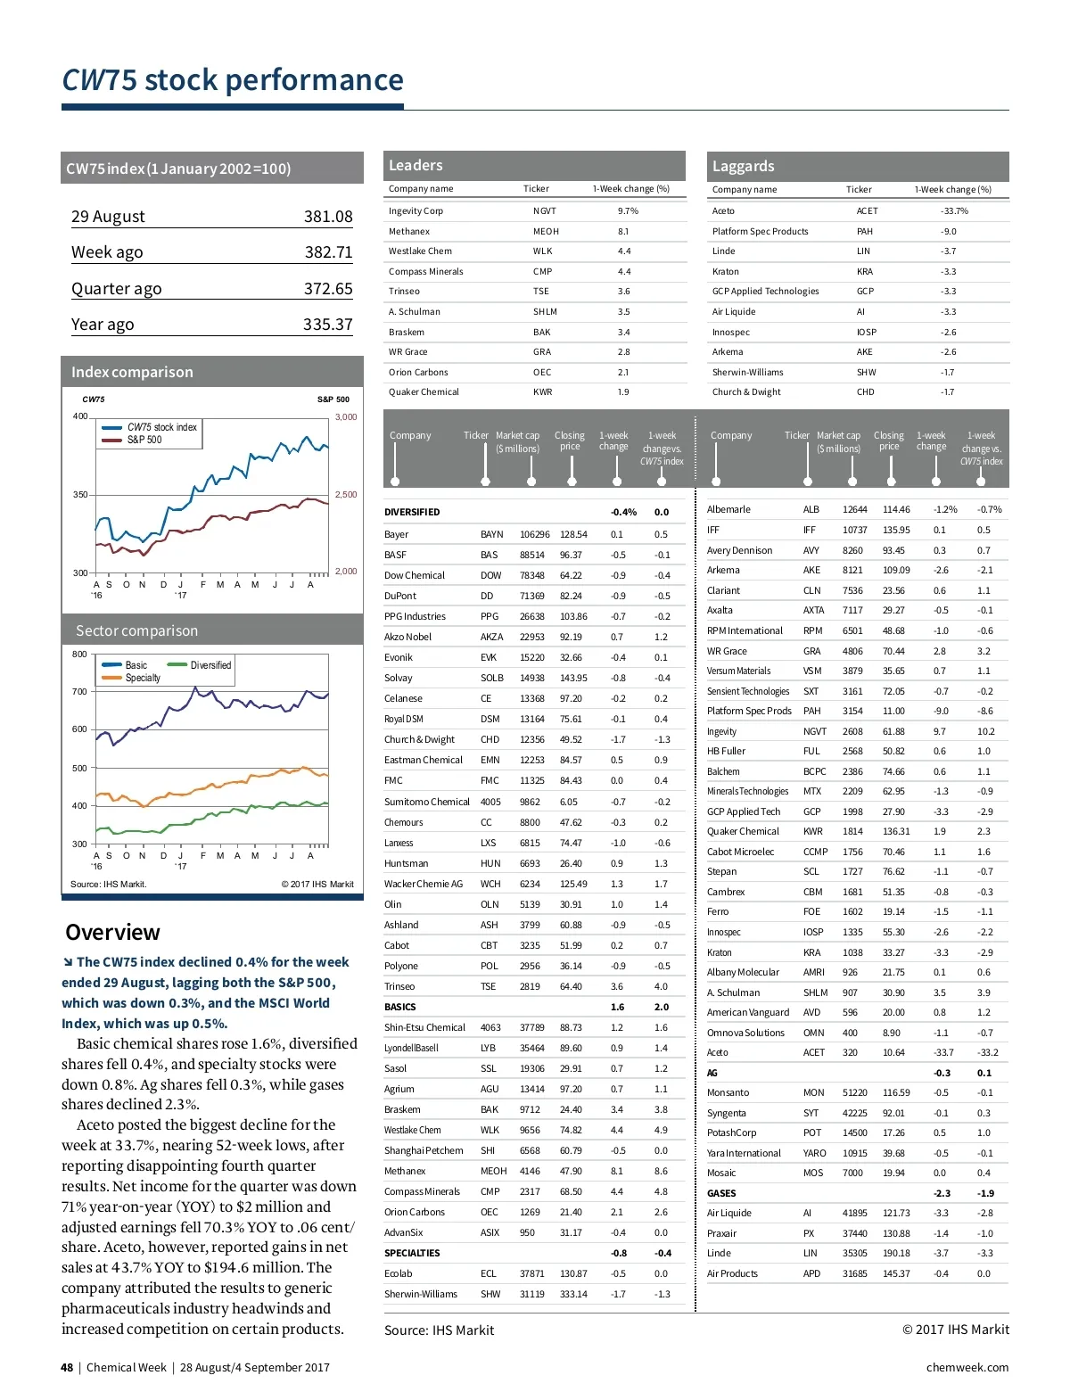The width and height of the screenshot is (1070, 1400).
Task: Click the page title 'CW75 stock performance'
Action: (232, 80)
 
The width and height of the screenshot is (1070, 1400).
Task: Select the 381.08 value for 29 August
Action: (328, 217)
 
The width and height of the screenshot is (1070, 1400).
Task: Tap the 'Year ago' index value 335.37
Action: (327, 325)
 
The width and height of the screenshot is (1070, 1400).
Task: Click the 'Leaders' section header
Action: (416, 166)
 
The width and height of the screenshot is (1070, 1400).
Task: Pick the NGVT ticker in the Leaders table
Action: (544, 211)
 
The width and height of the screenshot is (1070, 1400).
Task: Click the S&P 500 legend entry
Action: (144, 440)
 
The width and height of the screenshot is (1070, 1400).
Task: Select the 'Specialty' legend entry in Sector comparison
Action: (143, 678)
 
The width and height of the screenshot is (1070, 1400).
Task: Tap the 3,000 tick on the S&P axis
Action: (346, 417)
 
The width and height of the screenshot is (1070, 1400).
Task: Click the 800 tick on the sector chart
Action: (80, 655)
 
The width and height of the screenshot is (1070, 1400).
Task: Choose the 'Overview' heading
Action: (112, 933)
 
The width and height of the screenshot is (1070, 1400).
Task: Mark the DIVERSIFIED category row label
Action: (412, 513)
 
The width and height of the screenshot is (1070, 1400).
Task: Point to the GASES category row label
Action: (721, 1193)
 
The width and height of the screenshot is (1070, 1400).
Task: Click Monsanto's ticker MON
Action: (813, 1092)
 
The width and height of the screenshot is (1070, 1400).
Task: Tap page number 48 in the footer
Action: (67, 1368)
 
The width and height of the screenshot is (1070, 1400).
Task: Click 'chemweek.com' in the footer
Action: (967, 1368)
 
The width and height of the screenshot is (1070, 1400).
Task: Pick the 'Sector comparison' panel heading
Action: (136, 631)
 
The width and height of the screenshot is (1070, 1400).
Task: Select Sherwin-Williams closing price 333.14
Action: (573, 1294)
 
